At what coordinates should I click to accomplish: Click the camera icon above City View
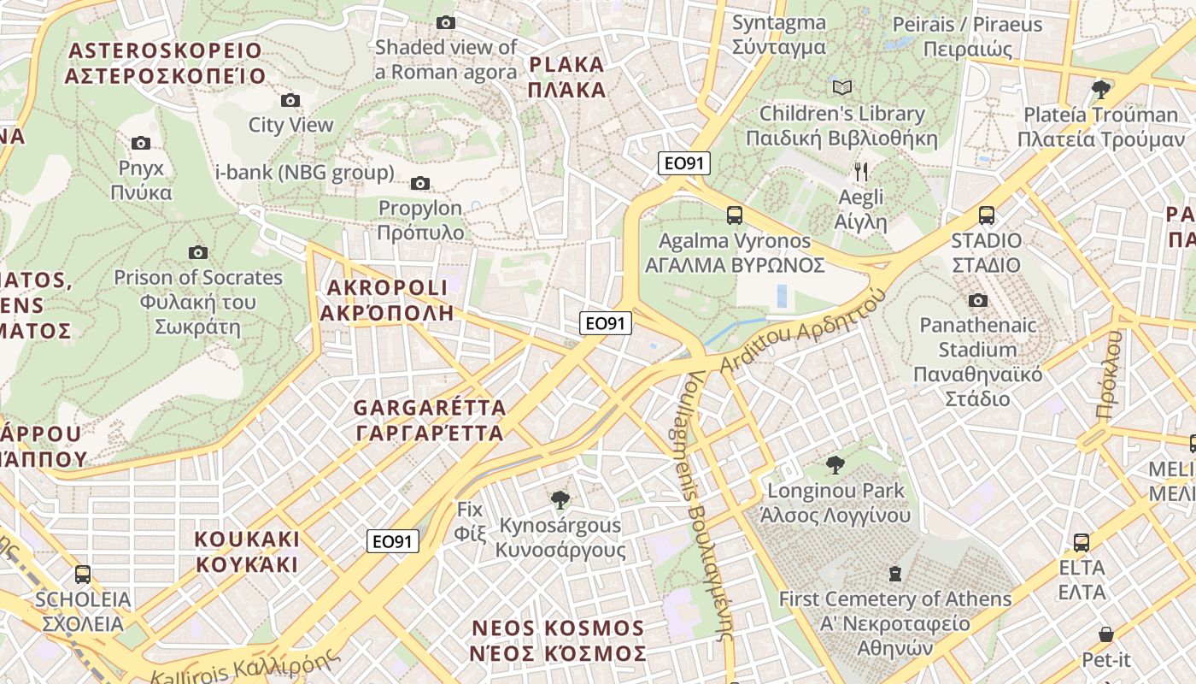pos(290,100)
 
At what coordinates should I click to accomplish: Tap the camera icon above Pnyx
pos(141,143)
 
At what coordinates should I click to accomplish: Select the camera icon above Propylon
pos(419,183)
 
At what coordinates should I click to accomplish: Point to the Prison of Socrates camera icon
pos(198,252)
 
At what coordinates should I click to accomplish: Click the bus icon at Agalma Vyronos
pos(734,215)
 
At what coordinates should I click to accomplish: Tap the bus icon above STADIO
pos(987,215)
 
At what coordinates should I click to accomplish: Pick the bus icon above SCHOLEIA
pos(82,575)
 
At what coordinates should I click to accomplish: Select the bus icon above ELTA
pos(1082,542)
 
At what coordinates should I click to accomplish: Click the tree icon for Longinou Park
pos(835,465)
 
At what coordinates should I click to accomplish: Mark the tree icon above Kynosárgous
pos(560,499)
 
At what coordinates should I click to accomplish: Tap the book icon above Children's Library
pos(842,87)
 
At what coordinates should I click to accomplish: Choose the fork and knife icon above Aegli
pos(861,172)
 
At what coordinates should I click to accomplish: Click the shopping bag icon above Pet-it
pos(1106,634)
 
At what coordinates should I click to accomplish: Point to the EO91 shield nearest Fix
pos(394,541)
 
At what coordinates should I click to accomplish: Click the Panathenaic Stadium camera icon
pos(978,300)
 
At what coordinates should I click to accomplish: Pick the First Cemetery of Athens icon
pos(894,573)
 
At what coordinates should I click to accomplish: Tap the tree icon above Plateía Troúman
pos(1101,88)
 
